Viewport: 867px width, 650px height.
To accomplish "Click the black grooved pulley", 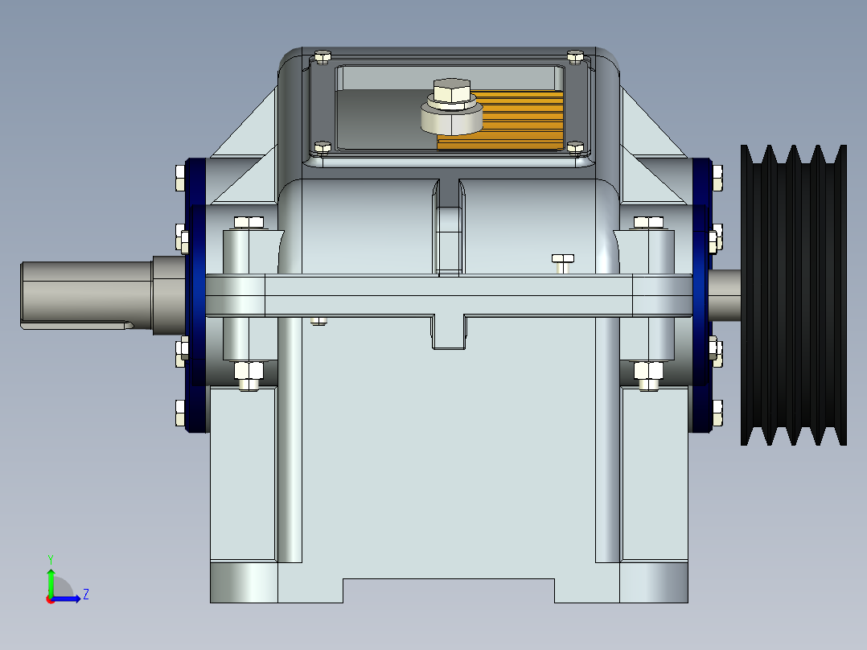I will click(x=793, y=294).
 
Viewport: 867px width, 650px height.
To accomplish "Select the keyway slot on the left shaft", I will click(x=77, y=325).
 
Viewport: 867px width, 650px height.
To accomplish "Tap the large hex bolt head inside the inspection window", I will click(x=450, y=92).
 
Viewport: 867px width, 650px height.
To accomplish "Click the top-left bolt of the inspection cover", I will click(x=323, y=56).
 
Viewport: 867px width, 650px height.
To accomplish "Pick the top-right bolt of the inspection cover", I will click(x=574, y=56).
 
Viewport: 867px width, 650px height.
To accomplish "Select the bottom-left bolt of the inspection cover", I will click(x=322, y=147).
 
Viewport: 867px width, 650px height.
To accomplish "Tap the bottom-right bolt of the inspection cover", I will click(x=574, y=147).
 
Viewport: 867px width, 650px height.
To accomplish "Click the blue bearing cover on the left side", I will click(x=195, y=294).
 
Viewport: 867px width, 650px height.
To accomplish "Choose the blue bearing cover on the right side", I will click(x=701, y=294).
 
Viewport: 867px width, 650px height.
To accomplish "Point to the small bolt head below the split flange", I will click(x=318, y=321).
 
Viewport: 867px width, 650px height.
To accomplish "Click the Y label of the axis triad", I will click(x=50, y=558).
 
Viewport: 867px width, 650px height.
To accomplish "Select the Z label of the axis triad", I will click(x=85, y=594).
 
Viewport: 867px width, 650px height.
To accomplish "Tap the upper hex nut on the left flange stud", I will click(x=248, y=223).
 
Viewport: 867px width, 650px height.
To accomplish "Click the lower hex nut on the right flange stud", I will click(x=648, y=372).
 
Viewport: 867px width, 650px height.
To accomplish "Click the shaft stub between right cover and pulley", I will click(x=725, y=294).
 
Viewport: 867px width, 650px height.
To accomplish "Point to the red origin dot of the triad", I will click(x=50, y=599).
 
